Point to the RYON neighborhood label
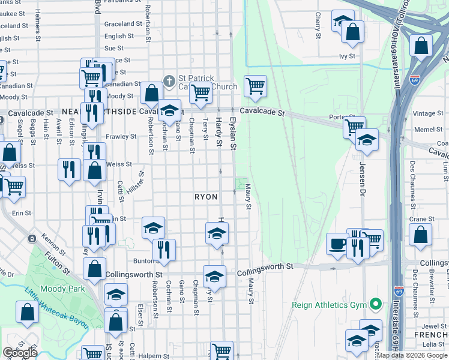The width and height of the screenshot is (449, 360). [x=206, y=197]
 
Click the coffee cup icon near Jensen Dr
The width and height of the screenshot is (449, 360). [x=338, y=244]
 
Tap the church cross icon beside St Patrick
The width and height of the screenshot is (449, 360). [x=170, y=80]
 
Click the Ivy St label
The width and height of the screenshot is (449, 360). [x=347, y=56]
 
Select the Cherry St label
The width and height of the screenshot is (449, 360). [x=318, y=23]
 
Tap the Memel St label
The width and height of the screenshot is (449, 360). [x=428, y=129]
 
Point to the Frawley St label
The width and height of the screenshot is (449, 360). [x=121, y=137]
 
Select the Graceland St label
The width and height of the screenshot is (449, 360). [x=119, y=24]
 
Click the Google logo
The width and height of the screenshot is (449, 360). [x=20, y=353]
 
